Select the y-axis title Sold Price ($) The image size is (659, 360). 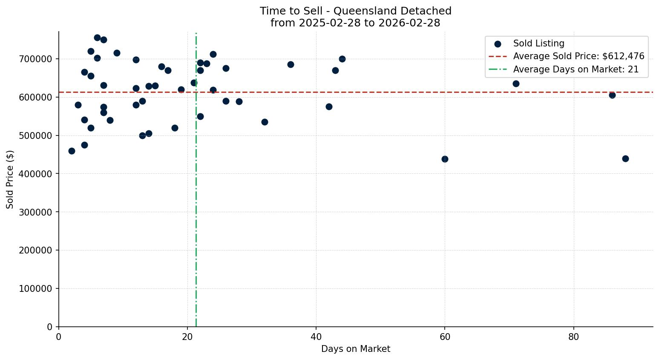[x=10, y=179]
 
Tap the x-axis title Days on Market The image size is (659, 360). [x=355, y=349]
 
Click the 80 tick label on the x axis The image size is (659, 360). [x=574, y=337]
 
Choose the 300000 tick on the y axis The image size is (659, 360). [x=36, y=212]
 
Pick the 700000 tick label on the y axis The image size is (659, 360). [x=36, y=59]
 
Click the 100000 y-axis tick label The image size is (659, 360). [x=36, y=289]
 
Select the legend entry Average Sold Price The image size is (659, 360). [x=578, y=56]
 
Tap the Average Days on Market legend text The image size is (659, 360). [x=576, y=69]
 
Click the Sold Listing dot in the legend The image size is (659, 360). [x=498, y=44]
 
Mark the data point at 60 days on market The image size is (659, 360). [x=445, y=159]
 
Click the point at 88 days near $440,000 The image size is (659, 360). [x=625, y=158]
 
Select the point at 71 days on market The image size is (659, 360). [x=516, y=84]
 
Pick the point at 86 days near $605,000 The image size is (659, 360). [x=612, y=95]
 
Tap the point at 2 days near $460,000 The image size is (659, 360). [x=72, y=151]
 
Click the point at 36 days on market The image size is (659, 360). [x=291, y=64]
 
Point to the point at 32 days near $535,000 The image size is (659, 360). [x=265, y=122]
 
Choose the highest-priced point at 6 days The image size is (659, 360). [x=97, y=37]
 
